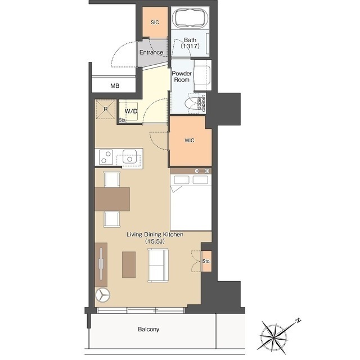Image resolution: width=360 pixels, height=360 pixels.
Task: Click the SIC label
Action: [x=155, y=22]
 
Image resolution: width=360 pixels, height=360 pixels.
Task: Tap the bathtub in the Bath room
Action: [x=190, y=18]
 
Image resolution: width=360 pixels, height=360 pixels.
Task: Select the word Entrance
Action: [x=151, y=52]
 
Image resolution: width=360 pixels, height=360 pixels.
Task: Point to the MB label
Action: [x=115, y=86]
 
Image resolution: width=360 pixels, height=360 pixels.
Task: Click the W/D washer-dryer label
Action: [x=131, y=111]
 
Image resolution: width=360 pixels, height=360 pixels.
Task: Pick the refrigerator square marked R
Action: [x=106, y=109]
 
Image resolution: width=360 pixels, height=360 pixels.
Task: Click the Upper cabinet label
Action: [x=201, y=103]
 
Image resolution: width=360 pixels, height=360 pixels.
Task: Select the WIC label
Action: [x=190, y=140]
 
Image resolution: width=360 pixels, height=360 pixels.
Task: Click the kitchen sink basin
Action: [x=129, y=156]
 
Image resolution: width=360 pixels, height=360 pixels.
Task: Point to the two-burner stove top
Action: [x=106, y=157]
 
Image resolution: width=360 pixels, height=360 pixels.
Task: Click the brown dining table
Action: [x=112, y=199]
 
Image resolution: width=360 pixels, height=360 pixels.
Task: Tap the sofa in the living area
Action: [x=158, y=265]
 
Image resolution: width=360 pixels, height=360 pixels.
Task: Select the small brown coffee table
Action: [x=129, y=264]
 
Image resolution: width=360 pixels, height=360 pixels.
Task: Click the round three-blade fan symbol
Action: [x=102, y=295]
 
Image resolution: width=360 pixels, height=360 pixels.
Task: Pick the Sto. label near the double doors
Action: [x=206, y=261]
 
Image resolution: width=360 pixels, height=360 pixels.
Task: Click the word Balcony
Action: [x=148, y=329]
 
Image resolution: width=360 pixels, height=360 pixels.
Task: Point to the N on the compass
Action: [x=298, y=320]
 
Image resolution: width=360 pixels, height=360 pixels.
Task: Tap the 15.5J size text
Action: [x=155, y=241]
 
